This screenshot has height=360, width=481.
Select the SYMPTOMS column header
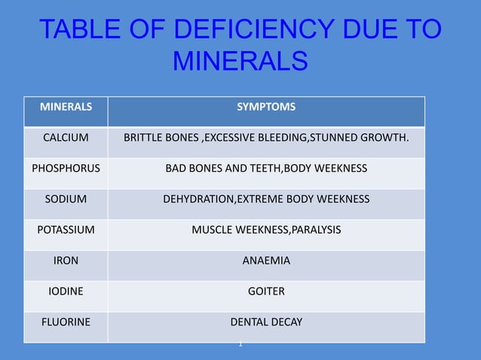(266, 107)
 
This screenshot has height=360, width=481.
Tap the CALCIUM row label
(66, 138)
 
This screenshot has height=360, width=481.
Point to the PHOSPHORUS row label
(66, 168)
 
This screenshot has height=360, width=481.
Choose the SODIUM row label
(66, 199)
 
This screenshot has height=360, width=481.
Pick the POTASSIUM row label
(66, 230)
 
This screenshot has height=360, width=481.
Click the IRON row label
(66, 261)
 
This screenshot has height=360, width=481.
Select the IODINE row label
(66, 291)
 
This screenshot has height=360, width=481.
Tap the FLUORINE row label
(66, 322)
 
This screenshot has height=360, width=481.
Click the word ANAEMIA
(266, 261)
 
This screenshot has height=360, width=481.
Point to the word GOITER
(266, 291)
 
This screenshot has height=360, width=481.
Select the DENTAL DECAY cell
(266, 322)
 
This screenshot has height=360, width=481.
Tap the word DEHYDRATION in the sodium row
(199, 199)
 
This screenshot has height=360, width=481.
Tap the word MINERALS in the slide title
(240, 61)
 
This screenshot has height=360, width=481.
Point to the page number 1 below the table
(240, 344)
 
